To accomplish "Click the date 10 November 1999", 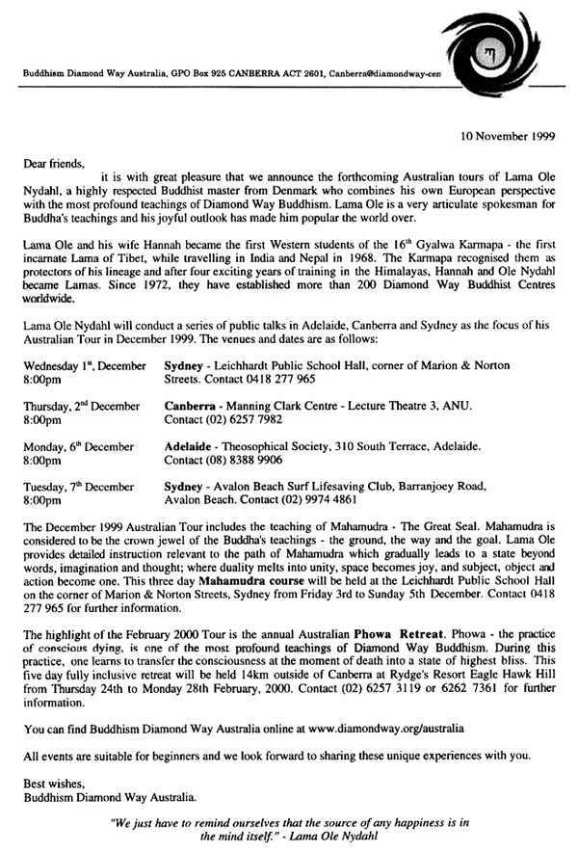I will (x=507, y=136).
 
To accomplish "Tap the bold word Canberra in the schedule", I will (x=195, y=407).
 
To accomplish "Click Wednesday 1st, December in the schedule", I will (x=85, y=367).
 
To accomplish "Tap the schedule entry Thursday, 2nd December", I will (x=84, y=407).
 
